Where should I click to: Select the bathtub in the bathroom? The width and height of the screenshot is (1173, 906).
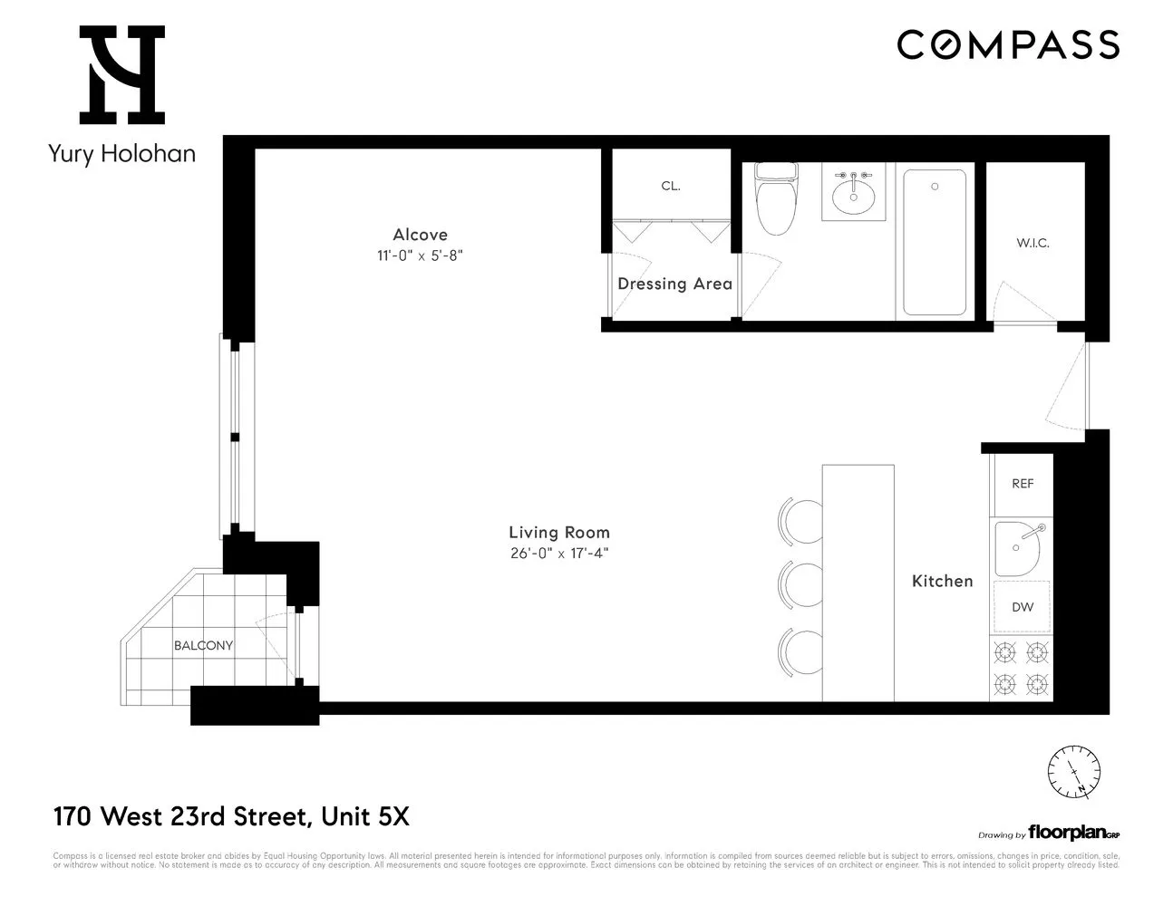point(935,242)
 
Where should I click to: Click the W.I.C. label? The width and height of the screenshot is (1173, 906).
point(1032,243)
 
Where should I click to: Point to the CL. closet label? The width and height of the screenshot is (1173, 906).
point(671,186)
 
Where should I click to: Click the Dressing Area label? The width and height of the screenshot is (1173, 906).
point(674,284)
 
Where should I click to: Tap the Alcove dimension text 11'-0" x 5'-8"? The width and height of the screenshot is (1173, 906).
point(420,255)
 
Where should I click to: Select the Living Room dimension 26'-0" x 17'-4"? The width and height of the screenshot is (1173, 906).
point(558,554)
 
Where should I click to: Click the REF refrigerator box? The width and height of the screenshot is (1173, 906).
point(1023,484)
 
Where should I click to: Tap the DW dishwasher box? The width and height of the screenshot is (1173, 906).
point(1023,607)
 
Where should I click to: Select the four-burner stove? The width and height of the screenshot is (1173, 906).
point(1022,667)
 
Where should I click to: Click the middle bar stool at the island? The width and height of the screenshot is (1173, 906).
point(800,585)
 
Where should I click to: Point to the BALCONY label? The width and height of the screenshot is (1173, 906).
point(203,646)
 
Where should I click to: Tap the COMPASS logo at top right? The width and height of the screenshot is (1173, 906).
point(1008,44)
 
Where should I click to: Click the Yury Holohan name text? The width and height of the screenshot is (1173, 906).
point(121,153)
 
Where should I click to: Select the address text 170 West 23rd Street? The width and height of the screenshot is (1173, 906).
point(180,817)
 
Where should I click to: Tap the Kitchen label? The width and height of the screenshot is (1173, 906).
point(942,581)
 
